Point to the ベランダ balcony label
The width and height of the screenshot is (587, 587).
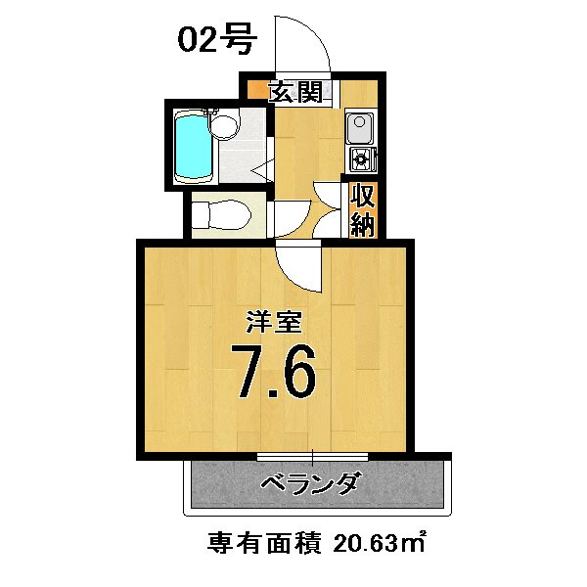tap(311, 484)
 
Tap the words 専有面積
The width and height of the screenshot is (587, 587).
tap(264, 541)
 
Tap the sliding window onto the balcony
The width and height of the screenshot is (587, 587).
tap(312, 457)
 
